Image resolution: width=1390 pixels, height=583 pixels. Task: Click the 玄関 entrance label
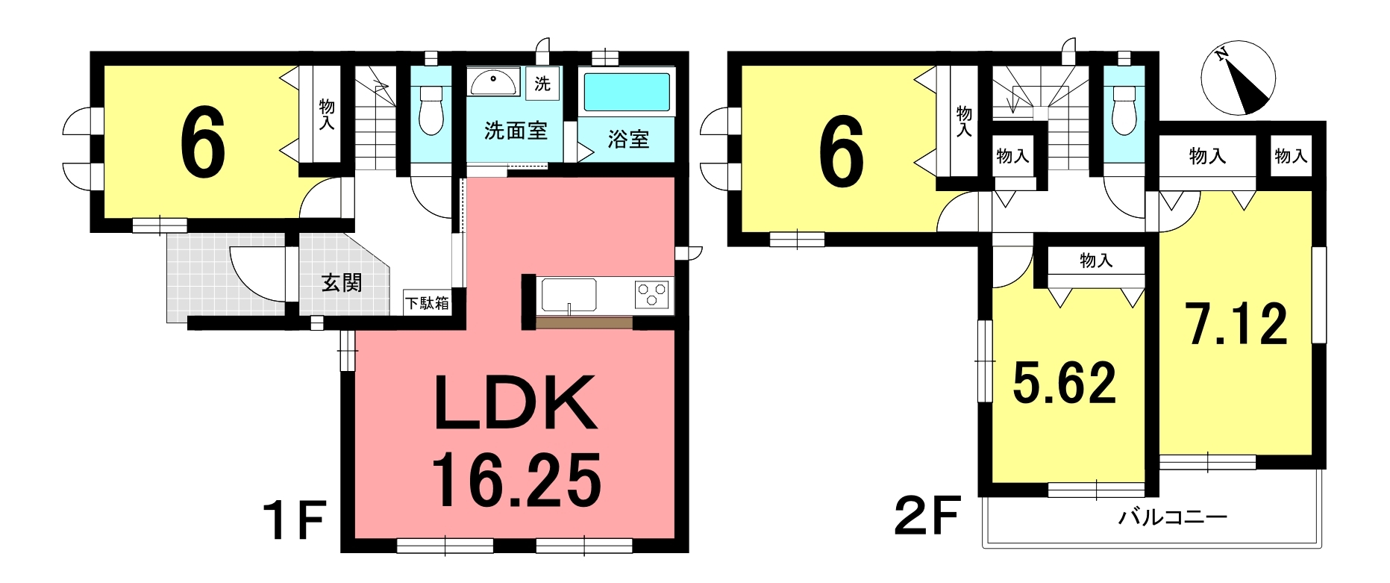tap(342, 283)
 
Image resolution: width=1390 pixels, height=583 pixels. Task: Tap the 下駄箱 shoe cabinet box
tap(428, 302)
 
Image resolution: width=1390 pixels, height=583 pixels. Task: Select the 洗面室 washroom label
tap(516, 131)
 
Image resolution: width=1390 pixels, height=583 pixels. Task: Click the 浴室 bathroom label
tap(628, 139)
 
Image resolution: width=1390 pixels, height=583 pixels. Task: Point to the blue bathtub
tap(627, 93)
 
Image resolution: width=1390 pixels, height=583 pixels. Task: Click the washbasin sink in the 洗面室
tap(493, 82)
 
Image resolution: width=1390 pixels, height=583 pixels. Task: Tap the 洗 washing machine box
tap(542, 84)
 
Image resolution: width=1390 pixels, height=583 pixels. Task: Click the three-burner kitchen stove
tap(654, 294)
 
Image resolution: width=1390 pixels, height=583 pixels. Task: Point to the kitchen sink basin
tap(569, 296)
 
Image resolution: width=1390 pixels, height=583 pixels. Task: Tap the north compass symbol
tap(1238, 78)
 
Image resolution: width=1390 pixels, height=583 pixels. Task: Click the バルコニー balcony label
tap(1172, 517)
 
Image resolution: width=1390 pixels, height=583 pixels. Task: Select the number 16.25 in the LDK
tap(516, 480)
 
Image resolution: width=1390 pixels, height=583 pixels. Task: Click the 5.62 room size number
tap(1064, 382)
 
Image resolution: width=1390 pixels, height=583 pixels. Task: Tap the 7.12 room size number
tap(1238, 324)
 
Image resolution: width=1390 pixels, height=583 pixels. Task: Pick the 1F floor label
tap(294, 520)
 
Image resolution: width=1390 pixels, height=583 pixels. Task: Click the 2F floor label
tap(927, 517)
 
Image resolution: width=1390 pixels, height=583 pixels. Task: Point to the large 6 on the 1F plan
tap(203, 143)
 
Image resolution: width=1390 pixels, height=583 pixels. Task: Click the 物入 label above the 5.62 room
tap(1096, 261)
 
